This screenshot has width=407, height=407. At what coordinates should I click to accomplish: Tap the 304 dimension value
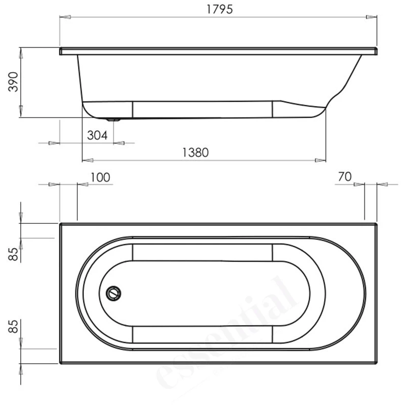tap(97, 135)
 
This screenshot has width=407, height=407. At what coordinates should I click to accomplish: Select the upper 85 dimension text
tap(13, 253)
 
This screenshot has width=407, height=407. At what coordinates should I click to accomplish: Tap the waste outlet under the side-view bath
tap(113, 120)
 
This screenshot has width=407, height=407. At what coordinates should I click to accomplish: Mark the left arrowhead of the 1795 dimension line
tap(65, 17)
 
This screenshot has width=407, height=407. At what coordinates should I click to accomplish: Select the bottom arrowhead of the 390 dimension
tap(20, 113)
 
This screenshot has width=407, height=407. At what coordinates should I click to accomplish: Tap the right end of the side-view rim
tap(375, 51)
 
